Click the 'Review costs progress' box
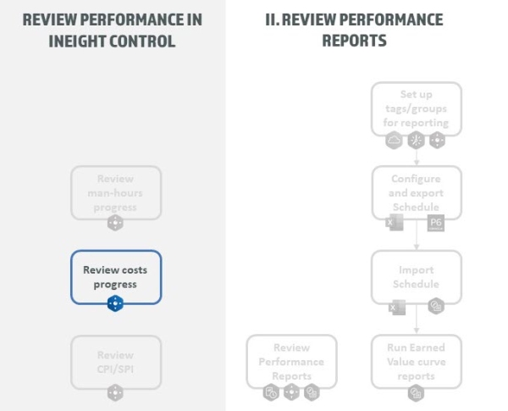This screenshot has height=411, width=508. pyautogui.click(x=115, y=276)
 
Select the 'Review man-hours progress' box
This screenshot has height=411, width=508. pyautogui.click(x=115, y=192)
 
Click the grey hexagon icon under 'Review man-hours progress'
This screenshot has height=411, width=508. pyautogui.click(x=115, y=223)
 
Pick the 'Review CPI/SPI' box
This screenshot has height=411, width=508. pyautogui.click(x=115, y=361)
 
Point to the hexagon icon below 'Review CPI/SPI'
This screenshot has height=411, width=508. pyautogui.click(x=115, y=392)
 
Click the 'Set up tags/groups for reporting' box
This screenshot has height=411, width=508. pyautogui.click(x=416, y=108)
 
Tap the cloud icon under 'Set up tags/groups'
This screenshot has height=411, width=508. pyautogui.click(x=394, y=140)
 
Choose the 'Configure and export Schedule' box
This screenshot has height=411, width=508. pyautogui.click(x=416, y=192)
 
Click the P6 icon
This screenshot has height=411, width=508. pyautogui.click(x=436, y=223)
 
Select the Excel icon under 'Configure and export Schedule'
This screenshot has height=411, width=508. pyautogui.click(x=394, y=223)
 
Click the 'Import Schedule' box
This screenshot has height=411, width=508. pyautogui.click(x=416, y=276)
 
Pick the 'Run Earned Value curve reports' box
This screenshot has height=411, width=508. pyautogui.click(x=416, y=361)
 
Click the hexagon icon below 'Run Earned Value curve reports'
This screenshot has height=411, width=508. pyautogui.click(x=416, y=392)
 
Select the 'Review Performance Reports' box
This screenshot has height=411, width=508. pyautogui.click(x=291, y=361)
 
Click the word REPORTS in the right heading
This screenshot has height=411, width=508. pyautogui.click(x=354, y=40)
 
